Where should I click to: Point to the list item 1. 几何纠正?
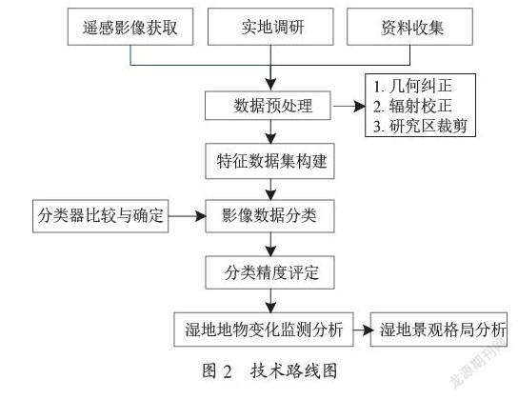(412, 87)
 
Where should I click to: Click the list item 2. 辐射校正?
(412, 106)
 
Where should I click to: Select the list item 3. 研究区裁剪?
(420, 126)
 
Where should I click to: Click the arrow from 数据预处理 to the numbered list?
(349, 107)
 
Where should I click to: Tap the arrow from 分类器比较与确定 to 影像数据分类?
(188, 216)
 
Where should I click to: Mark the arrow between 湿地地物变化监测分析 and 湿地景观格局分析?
(363, 330)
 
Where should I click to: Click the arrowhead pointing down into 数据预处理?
(270, 84)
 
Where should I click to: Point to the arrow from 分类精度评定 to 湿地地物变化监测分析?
(270, 301)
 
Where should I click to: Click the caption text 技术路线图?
(293, 370)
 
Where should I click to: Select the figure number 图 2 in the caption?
(217, 370)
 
